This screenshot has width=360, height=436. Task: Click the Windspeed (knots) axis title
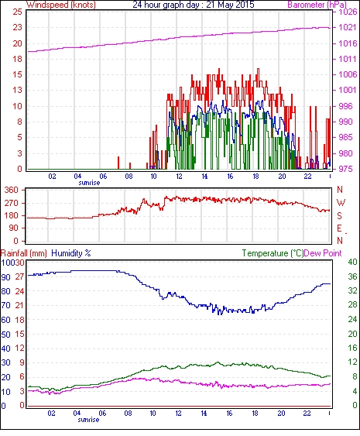[x=61, y=5]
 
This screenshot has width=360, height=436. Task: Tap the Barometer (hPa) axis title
[x=317, y=5]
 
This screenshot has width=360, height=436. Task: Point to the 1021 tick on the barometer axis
[x=348, y=27]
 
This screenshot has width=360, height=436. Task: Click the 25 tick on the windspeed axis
[x=18, y=12]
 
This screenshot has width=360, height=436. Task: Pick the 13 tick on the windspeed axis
[x=18, y=90]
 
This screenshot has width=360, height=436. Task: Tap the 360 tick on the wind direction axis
[x=12, y=191]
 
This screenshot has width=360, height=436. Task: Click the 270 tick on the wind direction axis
[x=12, y=203]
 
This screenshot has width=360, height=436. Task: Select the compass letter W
[x=341, y=202]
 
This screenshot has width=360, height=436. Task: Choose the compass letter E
[x=339, y=228]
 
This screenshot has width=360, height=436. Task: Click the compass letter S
[x=339, y=215]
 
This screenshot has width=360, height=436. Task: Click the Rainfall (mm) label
[x=24, y=253]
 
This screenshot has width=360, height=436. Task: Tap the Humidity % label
[x=71, y=253]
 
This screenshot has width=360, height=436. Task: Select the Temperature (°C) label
[x=273, y=253]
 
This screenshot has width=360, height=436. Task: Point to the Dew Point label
[x=323, y=253]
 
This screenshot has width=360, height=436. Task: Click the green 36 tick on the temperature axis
[x=352, y=276]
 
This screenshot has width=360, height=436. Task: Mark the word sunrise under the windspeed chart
[x=89, y=183]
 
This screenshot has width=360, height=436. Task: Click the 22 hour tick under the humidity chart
[x=307, y=414]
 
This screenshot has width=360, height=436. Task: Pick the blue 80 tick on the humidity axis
[x=5, y=291]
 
